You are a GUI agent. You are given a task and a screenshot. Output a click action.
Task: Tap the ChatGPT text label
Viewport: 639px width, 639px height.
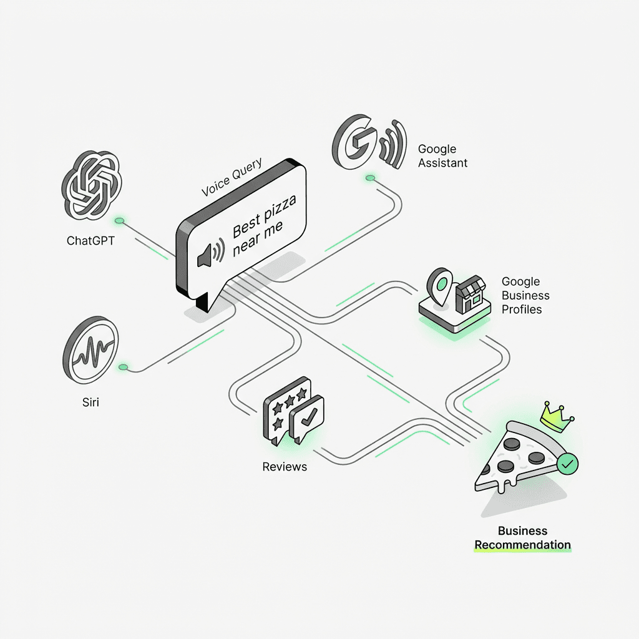[x=90, y=240]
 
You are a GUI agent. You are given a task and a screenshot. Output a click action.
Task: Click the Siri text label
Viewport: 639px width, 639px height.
[x=90, y=402]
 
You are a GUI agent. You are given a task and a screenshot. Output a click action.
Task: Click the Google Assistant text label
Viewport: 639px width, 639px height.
[x=442, y=156]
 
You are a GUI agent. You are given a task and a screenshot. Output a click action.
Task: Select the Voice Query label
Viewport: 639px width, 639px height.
[x=232, y=177]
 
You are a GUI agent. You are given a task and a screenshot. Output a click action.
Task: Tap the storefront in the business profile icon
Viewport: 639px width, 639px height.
[x=471, y=296]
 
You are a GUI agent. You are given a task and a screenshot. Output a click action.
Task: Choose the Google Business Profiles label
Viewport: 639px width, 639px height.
[x=525, y=295]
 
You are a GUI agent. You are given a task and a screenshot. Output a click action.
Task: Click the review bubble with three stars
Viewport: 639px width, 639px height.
[x=285, y=409]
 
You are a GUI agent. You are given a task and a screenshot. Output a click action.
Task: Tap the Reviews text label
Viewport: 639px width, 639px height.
[x=285, y=466]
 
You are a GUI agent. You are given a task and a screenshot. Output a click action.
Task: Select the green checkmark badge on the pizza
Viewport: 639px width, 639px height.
[x=568, y=464]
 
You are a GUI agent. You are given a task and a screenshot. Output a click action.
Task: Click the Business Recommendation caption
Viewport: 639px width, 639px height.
[x=522, y=538]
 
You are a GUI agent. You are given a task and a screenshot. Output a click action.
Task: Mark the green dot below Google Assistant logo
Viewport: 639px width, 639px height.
[x=370, y=179]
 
